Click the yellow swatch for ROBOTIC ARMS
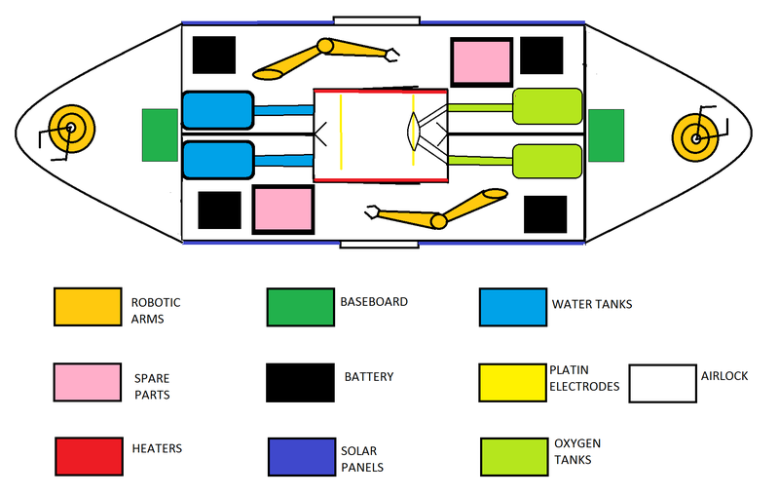pos(86,308)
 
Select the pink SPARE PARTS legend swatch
pos(86,382)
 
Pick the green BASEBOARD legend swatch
pos(299,308)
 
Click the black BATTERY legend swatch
pos(299,382)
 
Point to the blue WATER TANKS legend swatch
pos(512,308)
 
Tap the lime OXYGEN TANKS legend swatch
pos(513,456)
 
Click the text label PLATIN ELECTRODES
pos(584,378)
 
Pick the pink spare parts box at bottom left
pos(283,210)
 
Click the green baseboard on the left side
pos(160,135)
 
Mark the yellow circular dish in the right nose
pos(697,138)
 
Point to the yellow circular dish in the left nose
pos(70,128)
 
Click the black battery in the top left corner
pos(214,56)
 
